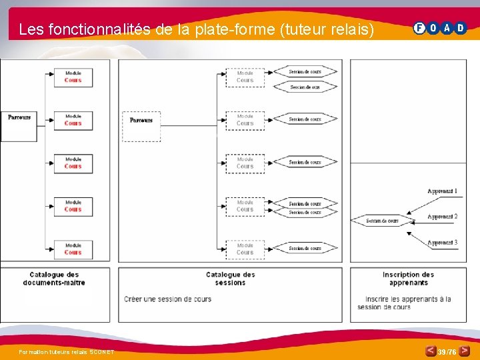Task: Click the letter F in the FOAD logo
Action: click(419, 28)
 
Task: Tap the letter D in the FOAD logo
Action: click(461, 28)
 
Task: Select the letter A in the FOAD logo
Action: click(447, 28)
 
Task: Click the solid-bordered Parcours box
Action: click(19, 123)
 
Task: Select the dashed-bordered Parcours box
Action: click(141, 125)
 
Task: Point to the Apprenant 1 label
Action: click(442, 191)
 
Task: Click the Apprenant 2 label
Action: click(442, 217)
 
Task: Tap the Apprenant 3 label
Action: click(442, 243)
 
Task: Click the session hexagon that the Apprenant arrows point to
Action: click(382, 221)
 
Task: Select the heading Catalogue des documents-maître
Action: click(54, 279)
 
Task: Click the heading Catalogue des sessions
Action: click(231, 279)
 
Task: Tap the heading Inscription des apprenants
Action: click(408, 279)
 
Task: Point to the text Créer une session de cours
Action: click(167, 299)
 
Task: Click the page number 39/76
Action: click(447, 351)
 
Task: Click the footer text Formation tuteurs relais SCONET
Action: click(67, 352)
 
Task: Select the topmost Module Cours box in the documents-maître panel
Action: click(73, 77)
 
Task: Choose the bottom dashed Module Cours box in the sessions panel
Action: click(245, 249)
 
